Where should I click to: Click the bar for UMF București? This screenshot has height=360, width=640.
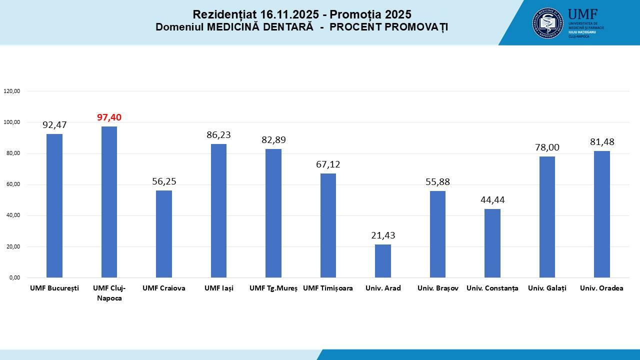click(x=54, y=205)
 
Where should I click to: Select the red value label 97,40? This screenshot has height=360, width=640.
click(x=109, y=117)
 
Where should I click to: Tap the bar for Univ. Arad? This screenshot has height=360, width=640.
click(x=383, y=260)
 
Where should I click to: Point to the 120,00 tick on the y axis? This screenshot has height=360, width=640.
click(x=11, y=91)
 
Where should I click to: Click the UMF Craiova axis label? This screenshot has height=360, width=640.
click(x=164, y=288)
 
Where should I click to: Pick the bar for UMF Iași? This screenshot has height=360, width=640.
click(x=218, y=210)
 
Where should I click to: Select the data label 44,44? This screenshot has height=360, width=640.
click(x=492, y=200)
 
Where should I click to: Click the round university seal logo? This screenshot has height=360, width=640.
click(x=547, y=22)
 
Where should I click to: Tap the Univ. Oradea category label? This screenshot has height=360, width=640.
click(x=601, y=288)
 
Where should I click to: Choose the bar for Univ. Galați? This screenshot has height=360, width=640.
click(x=547, y=216)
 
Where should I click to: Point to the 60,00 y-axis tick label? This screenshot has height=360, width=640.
click(x=11, y=184)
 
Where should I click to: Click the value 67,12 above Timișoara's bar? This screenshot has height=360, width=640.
click(x=328, y=164)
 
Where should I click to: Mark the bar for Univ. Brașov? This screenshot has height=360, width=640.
click(x=437, y=234)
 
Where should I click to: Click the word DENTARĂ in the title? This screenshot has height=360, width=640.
click(x=286, y=27)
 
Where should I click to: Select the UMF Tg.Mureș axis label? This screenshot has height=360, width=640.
click(x=273, y=288)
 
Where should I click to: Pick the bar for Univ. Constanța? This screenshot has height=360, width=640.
click(x=492, y=243)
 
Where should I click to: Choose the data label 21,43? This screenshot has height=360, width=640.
click(x=383, y=235)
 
